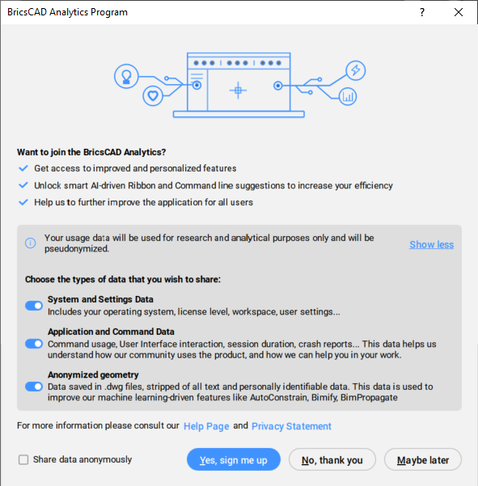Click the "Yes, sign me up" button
234,459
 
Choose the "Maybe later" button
423,459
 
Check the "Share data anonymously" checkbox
23,459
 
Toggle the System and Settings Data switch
34,306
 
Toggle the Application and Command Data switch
34,344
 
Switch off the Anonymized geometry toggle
34,387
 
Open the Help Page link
206,426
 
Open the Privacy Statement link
291,426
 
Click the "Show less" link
432,244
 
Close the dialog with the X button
459,12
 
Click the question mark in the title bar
422,12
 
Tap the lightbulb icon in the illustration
126,76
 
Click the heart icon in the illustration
153,95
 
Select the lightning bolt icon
356,70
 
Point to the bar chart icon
348,96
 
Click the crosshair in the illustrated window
238,91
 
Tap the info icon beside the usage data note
31,243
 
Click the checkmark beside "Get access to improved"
23,168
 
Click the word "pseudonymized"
76,249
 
